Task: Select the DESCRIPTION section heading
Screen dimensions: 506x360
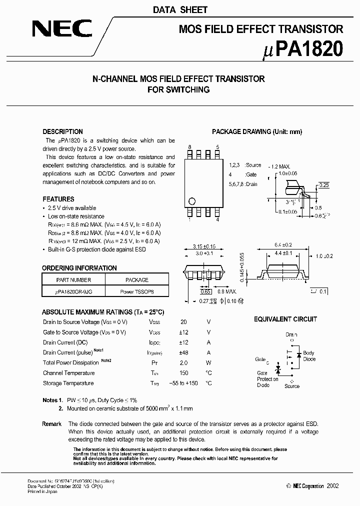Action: (x=62, y=132)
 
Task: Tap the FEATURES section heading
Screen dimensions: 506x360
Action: (x=58, y=199)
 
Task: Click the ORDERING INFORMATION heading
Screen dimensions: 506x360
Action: (x=79, y=268)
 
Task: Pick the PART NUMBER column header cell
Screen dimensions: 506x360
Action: (x=73, y=280)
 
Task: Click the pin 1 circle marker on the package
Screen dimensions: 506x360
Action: (x=190, y=202)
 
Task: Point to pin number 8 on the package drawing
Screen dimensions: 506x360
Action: (x=189, y=147)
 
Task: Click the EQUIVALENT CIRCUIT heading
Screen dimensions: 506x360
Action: (x=285, y=319)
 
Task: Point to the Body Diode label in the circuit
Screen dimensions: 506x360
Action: (x=309, y=356)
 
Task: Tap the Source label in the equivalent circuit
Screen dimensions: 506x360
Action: (x=292, y=386)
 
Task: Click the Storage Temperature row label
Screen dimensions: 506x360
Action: (x=68, y=383)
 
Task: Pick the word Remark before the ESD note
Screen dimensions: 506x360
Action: (x=52, y=424)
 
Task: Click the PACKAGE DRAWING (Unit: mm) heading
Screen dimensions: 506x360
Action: (x=257, y=132)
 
